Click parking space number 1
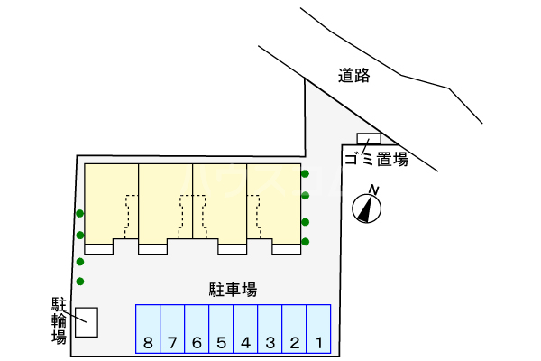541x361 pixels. tap(318, 329)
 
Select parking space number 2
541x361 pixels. tap(294, 329)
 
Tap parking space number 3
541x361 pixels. tap(270, 329)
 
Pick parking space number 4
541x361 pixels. tap(245, 329)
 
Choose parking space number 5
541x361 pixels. tap(221, 329)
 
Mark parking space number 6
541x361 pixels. tap(197, 329)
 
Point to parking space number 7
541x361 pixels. tap(172, 329)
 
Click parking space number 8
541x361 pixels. tap(148, 329)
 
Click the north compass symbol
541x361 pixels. tap(368, 206)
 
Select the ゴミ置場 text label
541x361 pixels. tap(375, 160)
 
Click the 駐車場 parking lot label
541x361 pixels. tap(234, 290)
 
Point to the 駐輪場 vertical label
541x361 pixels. tap(59, 319)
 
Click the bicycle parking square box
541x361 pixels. tap(86, 322)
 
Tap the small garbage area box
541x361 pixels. tap(369, 139)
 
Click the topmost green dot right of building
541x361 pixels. tap(306, 173)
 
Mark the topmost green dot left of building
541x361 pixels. tap(80, 214)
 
